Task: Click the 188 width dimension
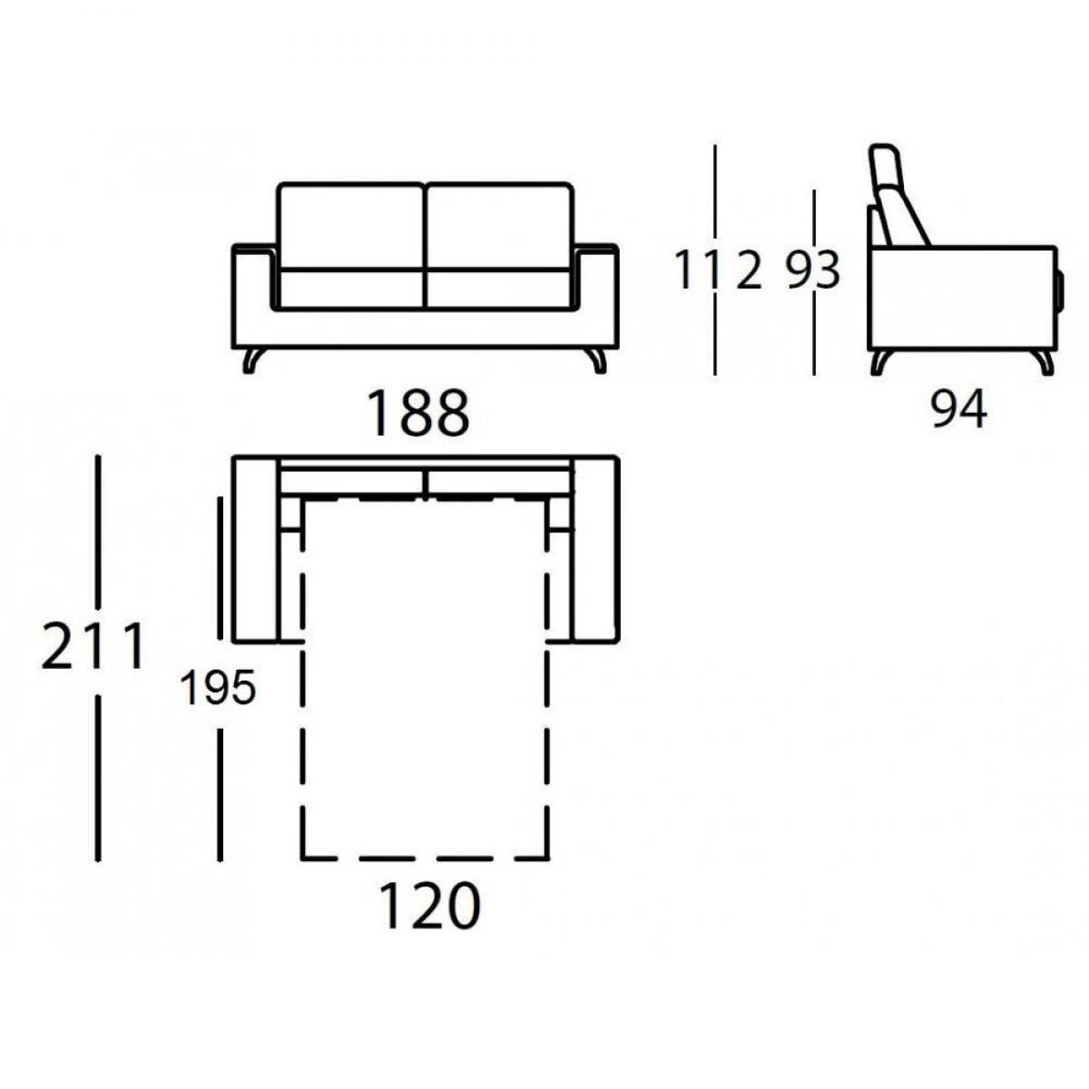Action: click(418, 413)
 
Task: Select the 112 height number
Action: click(718, 270)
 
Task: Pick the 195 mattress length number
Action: click(218, 688)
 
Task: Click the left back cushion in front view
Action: click(351, 225)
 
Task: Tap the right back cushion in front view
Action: click(498, 225)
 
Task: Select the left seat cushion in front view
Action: click(351, 289)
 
